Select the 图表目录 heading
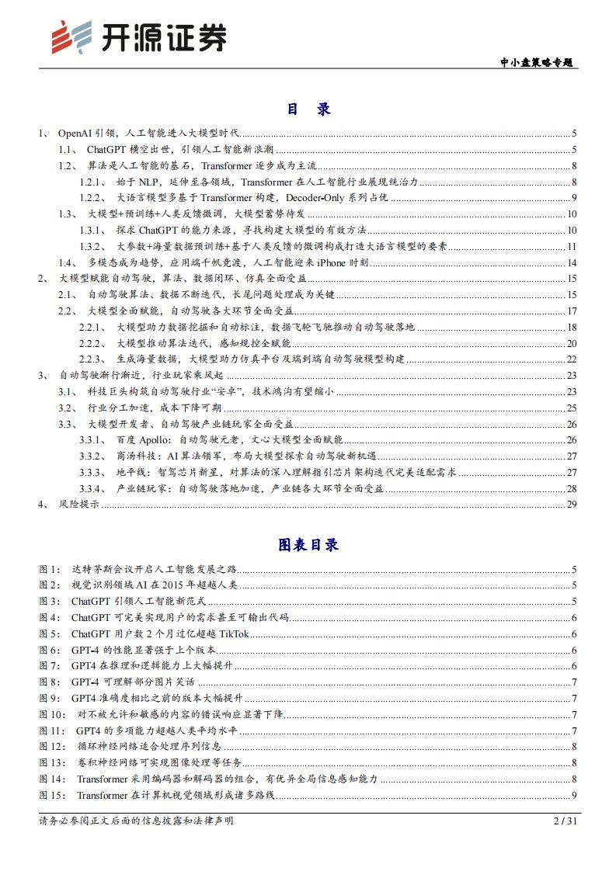pyautogui.click(x=308, y=545)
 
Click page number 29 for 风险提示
pyautogui.click(x=571, y=505)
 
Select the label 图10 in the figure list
pyautogui.click(x=53, y=714)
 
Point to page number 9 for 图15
pyautogui.click(x=573, y=794)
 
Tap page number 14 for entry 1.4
pyautogui.click(x=571, y=262)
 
